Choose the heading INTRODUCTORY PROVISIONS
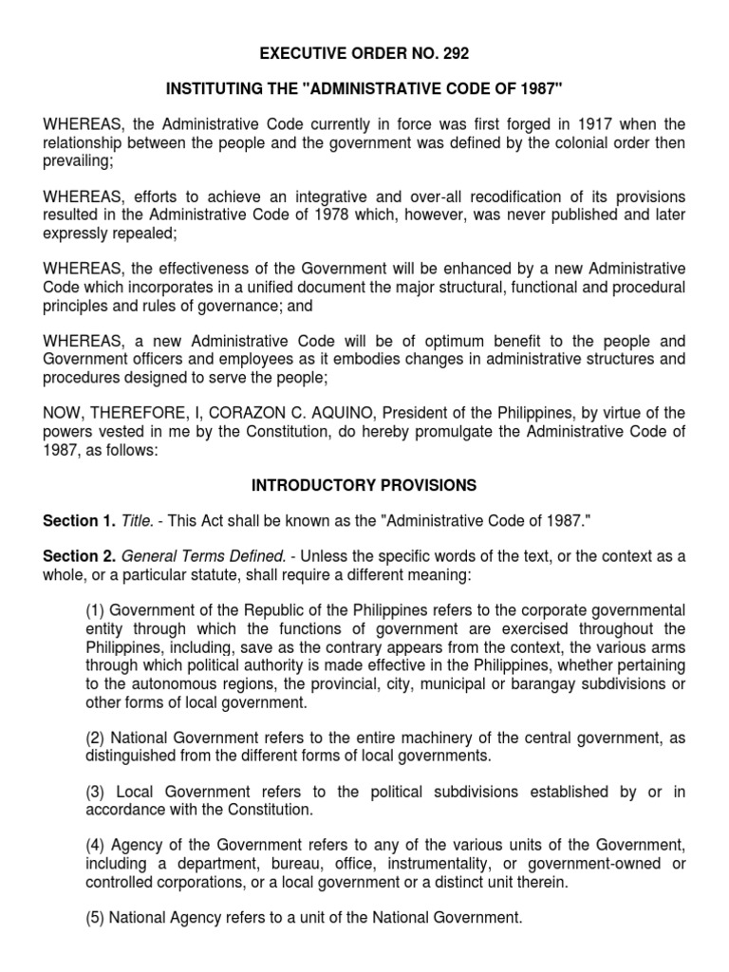[364, 485]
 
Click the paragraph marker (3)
[96, 792]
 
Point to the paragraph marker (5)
[95, 918]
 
